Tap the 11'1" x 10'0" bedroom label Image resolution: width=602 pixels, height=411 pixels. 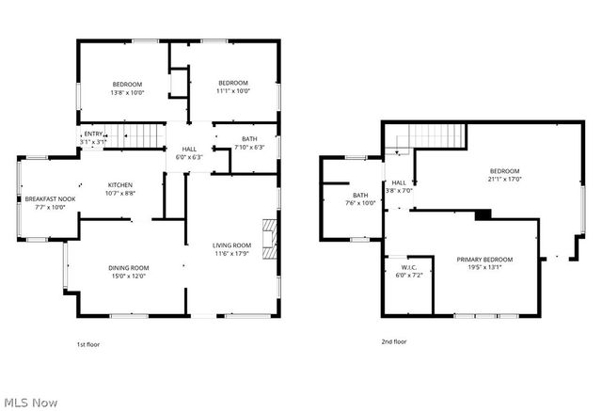[233, 87]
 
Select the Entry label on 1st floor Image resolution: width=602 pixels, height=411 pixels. [94, 137]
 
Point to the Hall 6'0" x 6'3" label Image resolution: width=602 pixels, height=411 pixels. [189, 152]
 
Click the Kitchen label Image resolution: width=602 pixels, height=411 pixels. [120, 188]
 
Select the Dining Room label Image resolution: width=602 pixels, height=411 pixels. [129, 272]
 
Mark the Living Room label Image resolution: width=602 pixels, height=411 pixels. [231, 248]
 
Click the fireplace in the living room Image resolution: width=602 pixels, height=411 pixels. [270, 239]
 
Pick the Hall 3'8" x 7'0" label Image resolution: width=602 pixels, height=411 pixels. [399, 186]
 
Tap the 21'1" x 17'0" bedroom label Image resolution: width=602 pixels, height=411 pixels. [504, 174]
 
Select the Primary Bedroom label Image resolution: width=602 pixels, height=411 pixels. [485, 262]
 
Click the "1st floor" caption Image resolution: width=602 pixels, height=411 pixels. [87, 345]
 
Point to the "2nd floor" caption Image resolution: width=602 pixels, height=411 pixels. [394, 341]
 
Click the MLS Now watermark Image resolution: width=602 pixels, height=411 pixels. [30, 402]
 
